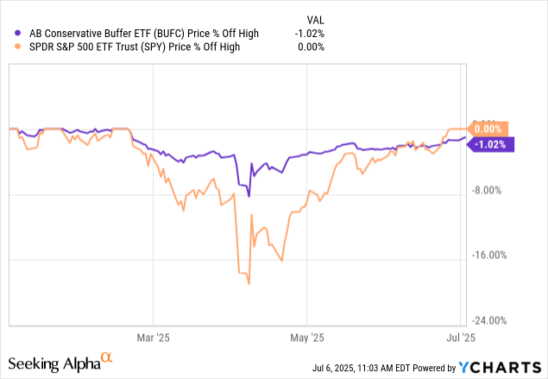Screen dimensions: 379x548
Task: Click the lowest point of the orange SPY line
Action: pos(249,283)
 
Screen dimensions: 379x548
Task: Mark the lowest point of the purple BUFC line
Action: pos(249,197)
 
